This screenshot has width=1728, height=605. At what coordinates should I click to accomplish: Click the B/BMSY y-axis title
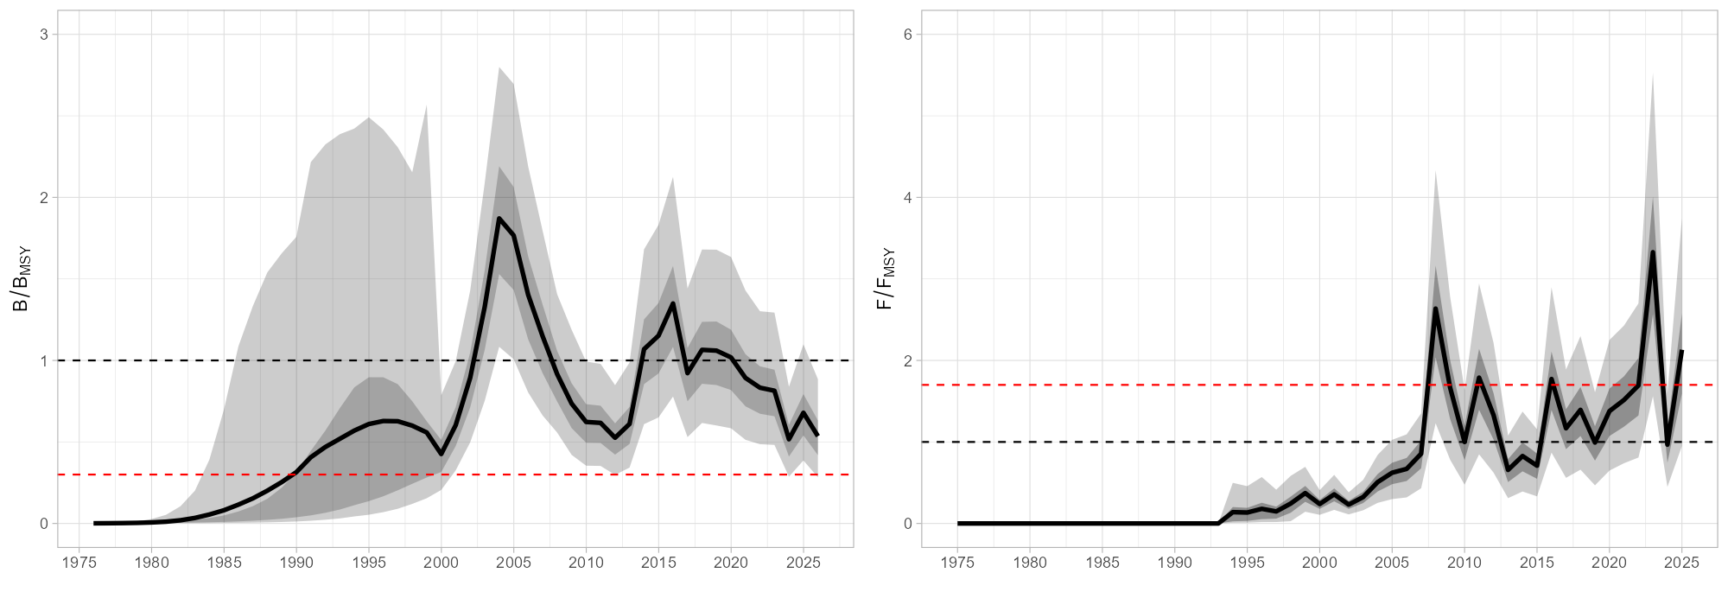point(22,278)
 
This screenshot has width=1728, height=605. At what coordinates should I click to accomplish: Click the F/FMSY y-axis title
point(886,278)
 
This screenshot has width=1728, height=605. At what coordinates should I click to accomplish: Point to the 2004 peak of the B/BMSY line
point(499,219)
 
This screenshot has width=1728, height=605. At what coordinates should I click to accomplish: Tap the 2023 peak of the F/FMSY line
point(1653,252)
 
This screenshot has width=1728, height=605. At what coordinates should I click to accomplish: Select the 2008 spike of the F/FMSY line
point(1435,309)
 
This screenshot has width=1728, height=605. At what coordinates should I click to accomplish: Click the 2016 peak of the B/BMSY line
point(673,303)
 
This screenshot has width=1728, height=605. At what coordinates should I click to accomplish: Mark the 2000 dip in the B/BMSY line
point(441,454)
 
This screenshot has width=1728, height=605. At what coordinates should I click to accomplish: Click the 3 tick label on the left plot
point(43,35)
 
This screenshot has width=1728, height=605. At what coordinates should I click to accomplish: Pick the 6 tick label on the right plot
point(907,35)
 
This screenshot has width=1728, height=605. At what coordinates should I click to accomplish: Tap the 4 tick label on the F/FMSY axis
point(907,197)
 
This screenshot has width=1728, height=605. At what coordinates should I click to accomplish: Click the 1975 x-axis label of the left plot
point(79,563)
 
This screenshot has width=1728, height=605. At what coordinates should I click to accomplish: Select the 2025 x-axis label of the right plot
point(1681,563)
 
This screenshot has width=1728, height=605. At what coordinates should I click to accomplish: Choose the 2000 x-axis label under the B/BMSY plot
point(441,563)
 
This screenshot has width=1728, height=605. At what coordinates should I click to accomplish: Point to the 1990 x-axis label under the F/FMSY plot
point(1174,563)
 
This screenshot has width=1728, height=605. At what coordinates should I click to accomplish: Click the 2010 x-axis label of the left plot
point(586,563)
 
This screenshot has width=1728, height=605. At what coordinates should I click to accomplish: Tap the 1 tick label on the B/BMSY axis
point(43,360)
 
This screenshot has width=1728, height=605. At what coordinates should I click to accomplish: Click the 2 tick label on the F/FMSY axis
point(907,360)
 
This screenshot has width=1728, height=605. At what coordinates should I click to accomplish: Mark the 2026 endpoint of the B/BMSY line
point(817,435)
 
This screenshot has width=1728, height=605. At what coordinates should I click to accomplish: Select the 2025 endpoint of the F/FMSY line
point(1681,351)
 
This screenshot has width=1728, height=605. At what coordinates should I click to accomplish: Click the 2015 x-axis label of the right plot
point(1536,563)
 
